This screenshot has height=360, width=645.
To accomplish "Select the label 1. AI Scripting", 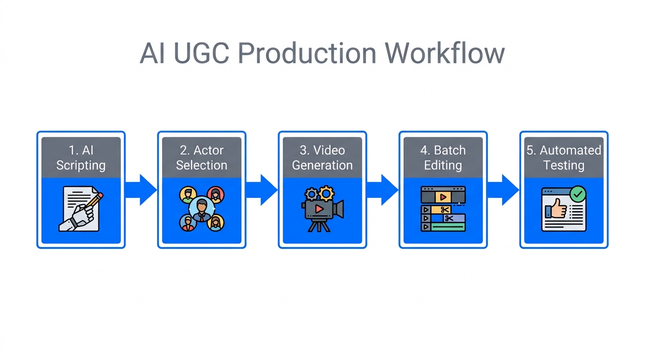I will click(81, 158).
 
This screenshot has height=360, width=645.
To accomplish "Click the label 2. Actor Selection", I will click(202, 158).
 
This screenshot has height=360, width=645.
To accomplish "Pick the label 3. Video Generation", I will click(322, 158).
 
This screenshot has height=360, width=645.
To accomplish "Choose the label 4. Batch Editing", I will click(443, 158).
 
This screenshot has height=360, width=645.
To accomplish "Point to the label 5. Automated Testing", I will click(564, 158).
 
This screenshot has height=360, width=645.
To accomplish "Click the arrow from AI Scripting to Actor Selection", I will click(142, 190).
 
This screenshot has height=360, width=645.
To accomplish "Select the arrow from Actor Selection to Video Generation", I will click(262, 190).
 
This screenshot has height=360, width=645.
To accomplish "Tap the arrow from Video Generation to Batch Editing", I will click(383, 190).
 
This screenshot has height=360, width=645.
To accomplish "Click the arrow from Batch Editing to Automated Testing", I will click(503, 190).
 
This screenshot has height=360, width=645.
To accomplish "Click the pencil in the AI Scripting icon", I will click(96, 200).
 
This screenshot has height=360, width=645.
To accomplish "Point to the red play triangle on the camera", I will click(319, 209).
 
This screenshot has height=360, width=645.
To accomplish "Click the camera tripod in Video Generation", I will click(318, 225).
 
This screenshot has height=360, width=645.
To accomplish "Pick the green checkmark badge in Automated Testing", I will click(577, 194).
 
